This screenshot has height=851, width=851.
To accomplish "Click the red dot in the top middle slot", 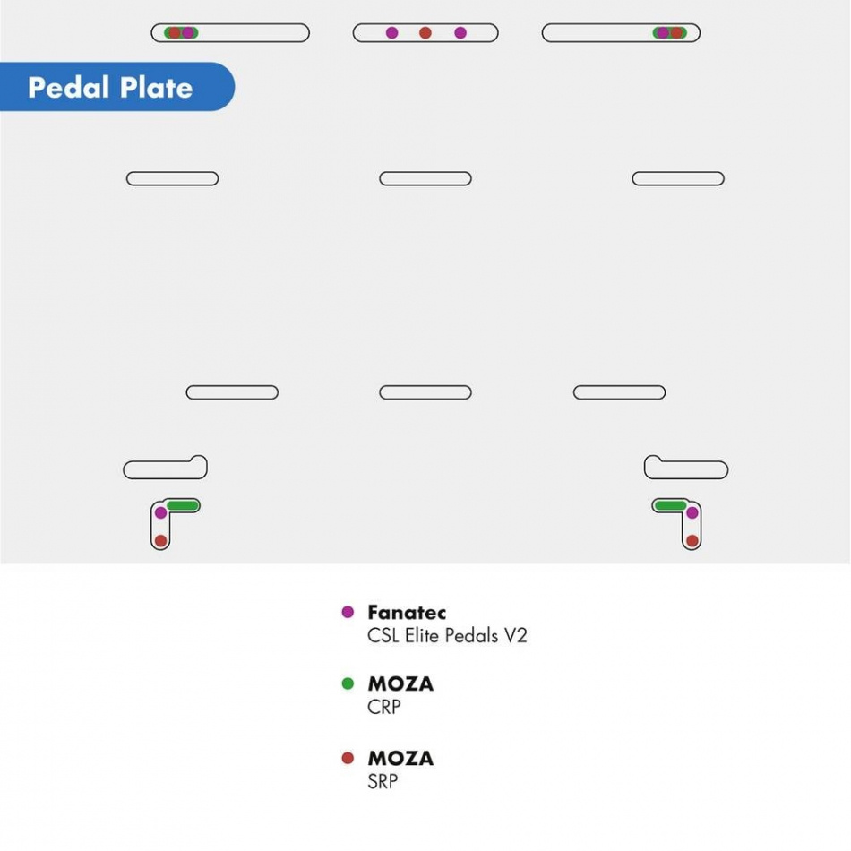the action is [x=425, y=33].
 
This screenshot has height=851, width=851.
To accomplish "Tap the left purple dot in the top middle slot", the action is [x=391, y=33].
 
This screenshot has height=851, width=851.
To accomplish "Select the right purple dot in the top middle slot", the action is [x=460, y=33].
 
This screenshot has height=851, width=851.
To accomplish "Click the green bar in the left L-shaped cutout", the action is [x=183, y=506].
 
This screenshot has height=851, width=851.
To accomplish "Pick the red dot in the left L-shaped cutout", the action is [x=160, y=540].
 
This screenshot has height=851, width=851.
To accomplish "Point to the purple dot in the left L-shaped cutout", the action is [x=160, y=512].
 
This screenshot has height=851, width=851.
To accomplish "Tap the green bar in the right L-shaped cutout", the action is [x=671, y=506].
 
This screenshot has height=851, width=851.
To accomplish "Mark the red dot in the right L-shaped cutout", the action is [x=692, y=540].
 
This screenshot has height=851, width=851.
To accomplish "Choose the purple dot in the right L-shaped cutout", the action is [x=692, y=512].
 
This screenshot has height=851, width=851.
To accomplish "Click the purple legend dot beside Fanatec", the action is [x=348, y=612].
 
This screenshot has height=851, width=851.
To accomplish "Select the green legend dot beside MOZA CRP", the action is [x=348, y=683].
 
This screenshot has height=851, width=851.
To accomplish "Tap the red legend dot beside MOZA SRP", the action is [x=348, y=758].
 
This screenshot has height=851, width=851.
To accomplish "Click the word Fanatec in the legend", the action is [x=407, y=612].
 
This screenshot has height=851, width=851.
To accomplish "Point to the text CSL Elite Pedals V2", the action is [x=447, y=635].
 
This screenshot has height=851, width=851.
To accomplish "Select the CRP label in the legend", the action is [x=384, y=707].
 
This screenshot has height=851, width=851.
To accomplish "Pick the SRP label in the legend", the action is [x=383, y=781].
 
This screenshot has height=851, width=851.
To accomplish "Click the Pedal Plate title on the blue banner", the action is [x=110, y=88].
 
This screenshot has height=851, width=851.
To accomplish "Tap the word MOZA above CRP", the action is [x=401, y=683].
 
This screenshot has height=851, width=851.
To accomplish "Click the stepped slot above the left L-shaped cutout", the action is [x=165, y=468].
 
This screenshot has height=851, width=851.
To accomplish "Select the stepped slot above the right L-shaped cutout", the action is [x=686, y=468].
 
